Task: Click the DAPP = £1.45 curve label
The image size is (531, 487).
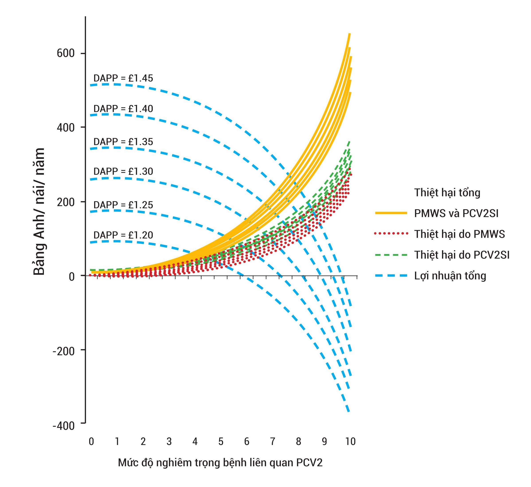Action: pos(123,78)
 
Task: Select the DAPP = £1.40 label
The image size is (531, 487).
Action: pos(123,109)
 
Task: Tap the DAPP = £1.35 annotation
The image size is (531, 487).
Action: pos(123,142)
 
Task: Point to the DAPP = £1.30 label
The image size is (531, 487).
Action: pos(123,172)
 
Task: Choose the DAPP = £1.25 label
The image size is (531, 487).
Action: pos(123,205)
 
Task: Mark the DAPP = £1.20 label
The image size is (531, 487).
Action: pos(123,235)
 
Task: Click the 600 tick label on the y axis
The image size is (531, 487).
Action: pos(66,53)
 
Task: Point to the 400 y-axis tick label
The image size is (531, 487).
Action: pos(66,128)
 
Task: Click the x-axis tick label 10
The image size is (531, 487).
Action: pos(350,441)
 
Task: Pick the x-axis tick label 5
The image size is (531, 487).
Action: pos(221,441)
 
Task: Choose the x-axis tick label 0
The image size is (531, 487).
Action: pos(91,441)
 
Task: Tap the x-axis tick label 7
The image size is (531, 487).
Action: pos(272,441)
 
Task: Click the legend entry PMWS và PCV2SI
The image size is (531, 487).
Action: pos(456,213)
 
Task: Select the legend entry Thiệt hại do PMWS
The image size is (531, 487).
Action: pos(459,234)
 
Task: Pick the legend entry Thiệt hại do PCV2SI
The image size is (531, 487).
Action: pos(462,255)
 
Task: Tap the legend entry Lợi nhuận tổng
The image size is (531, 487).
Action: pos(450,276)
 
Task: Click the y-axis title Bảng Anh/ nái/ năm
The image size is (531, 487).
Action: pos(39,212)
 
